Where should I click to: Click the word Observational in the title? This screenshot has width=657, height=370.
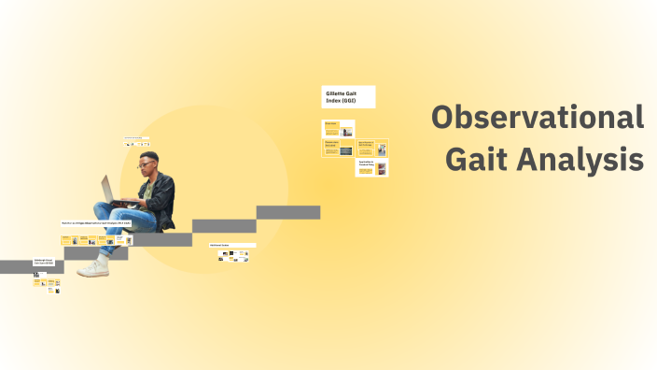tap(538, 119)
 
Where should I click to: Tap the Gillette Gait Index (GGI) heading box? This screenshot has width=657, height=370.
tap(348, 96)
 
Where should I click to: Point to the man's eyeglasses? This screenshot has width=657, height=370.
tap(147, 166)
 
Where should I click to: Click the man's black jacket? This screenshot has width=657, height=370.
tap(163, 196)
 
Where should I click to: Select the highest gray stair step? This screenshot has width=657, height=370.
tap(288, 212)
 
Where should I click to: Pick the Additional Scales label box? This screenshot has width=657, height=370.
tap(231, 246)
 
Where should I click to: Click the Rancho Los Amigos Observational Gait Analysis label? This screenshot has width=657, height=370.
tap(97, 223)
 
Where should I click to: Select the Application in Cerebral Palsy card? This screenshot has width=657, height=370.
tap(372, 167)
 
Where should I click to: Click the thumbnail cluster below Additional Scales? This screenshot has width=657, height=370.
tap(233, 255)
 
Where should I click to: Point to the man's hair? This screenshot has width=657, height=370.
tap(149, 156)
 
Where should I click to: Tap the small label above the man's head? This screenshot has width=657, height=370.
tap(136, 138)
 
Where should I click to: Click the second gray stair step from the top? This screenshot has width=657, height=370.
tap(224, 226)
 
